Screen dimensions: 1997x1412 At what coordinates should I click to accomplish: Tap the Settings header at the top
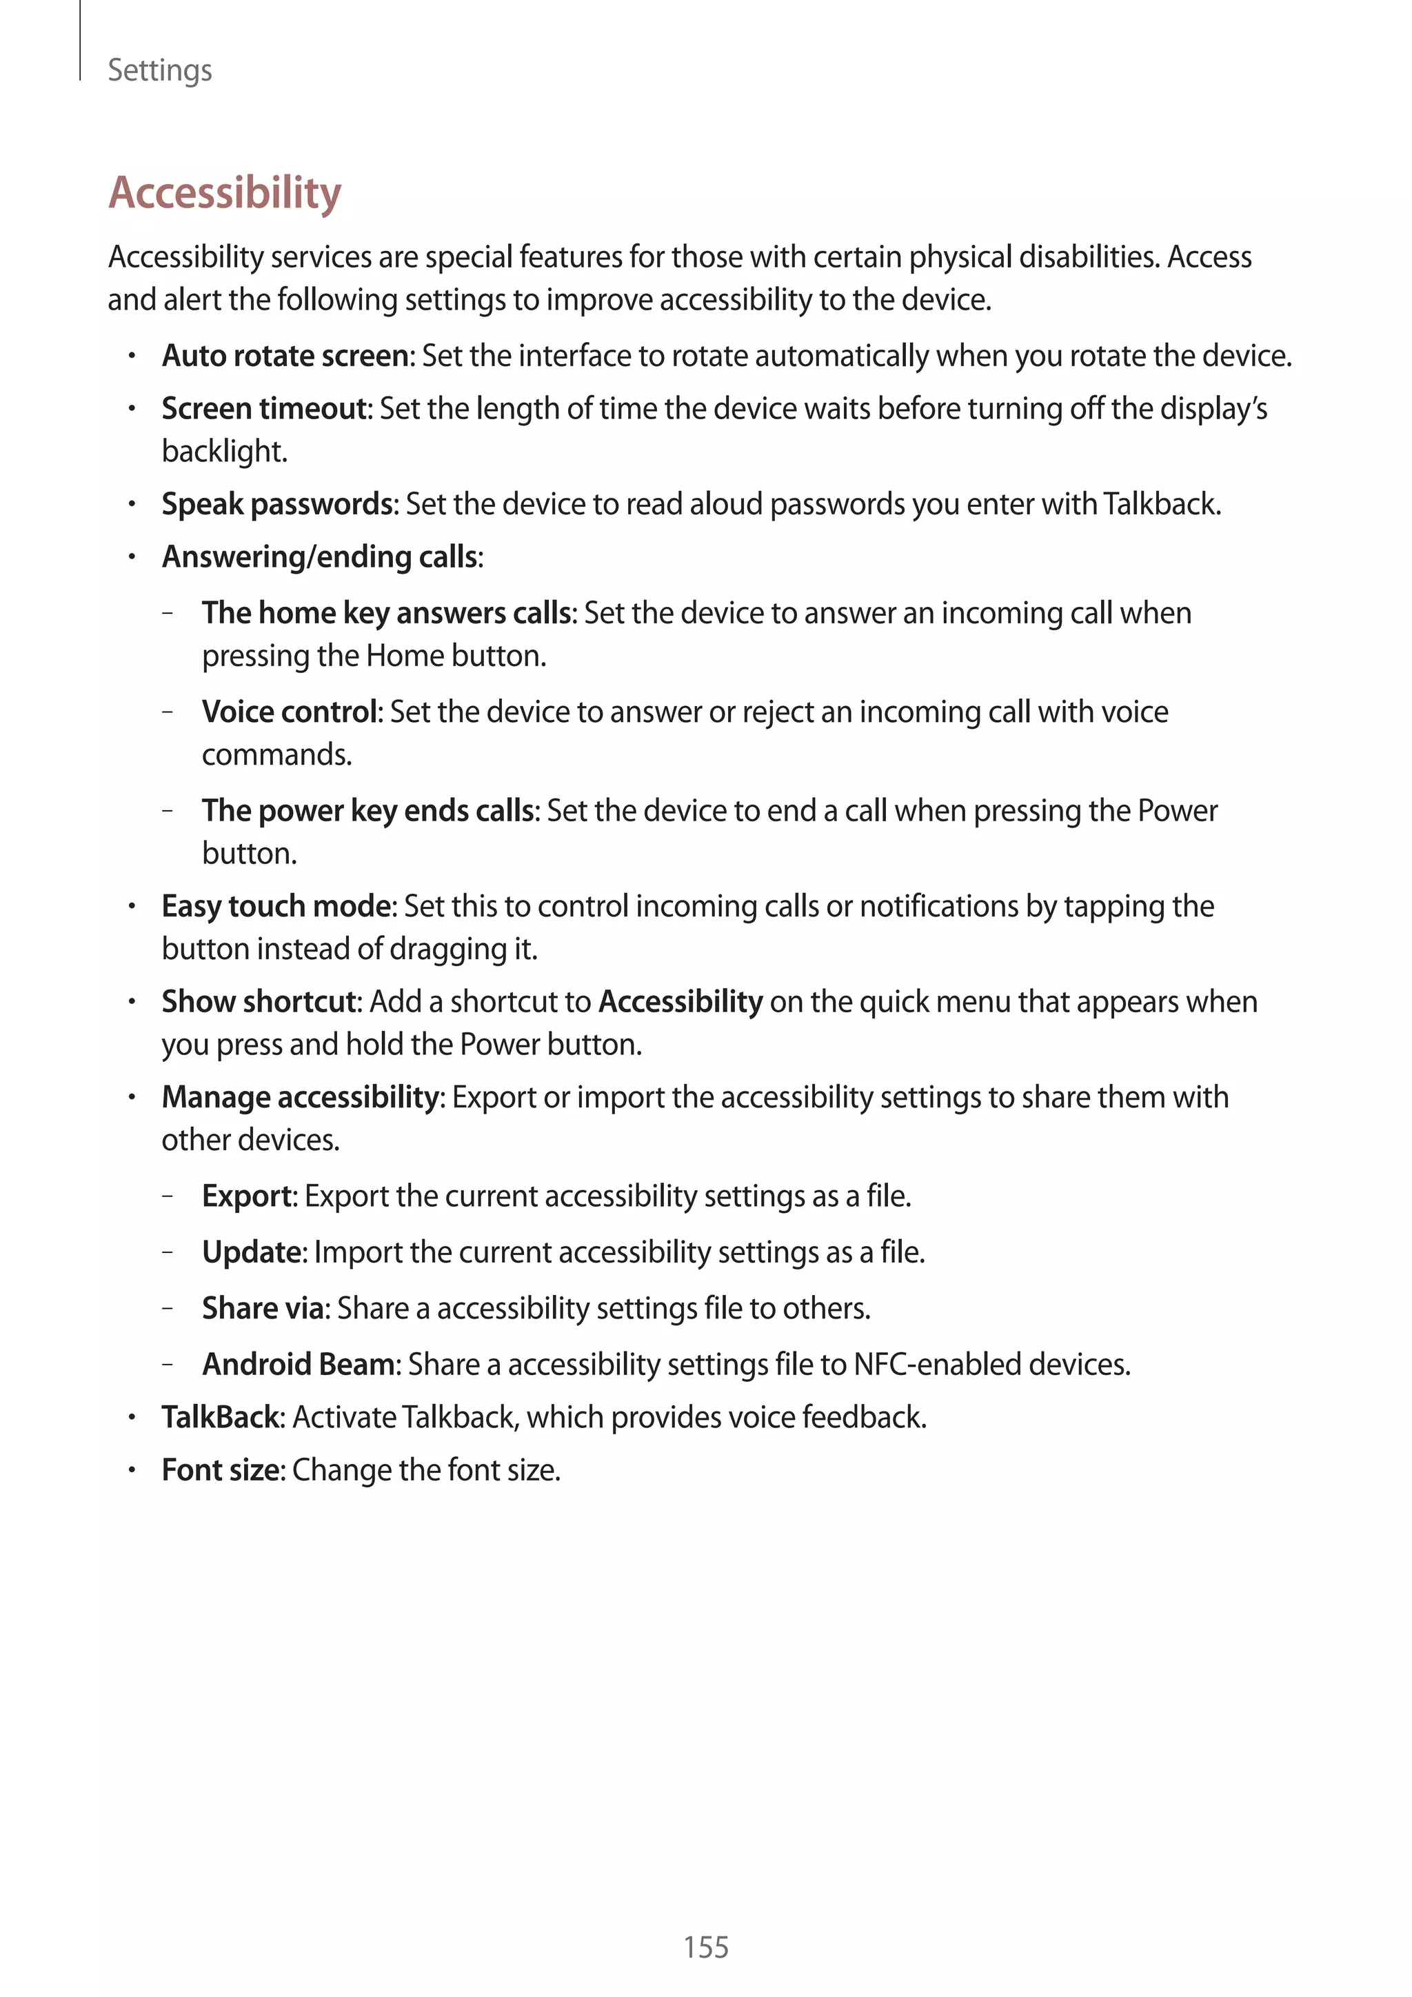pos(159,70)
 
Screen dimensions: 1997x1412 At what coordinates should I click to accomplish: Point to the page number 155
pos(705,1947)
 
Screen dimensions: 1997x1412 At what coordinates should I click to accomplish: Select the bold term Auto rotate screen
pos(285,356)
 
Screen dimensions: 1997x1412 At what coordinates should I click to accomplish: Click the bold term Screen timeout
pos(265,409)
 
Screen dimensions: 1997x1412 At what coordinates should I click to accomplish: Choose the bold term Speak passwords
pos(279,505)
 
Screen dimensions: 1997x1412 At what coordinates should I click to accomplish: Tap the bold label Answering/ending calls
pos(320,556)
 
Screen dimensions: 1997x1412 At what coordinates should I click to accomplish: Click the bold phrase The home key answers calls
pos(387,613)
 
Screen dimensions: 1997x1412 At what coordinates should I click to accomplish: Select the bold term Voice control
pos(290,712)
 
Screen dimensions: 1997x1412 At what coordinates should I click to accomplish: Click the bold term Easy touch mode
pos(276,906)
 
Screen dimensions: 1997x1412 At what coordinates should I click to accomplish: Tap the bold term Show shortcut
pos(260,1002)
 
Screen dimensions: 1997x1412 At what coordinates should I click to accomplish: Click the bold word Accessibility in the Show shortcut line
pos(680,1002)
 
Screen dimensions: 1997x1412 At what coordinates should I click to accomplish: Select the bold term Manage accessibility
pos(300,1098)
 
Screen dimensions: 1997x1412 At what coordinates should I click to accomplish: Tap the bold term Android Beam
pos(299,1364)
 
